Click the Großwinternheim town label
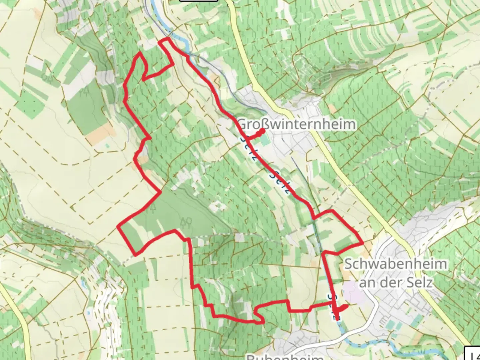[297, 124]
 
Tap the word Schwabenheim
[395, 264]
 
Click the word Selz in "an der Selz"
[419, 282]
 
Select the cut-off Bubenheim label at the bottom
[285, 357]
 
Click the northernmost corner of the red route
[164, 39]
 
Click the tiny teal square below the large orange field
[107, 146]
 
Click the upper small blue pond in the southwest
[82, 284]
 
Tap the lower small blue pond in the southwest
[88, 313]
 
